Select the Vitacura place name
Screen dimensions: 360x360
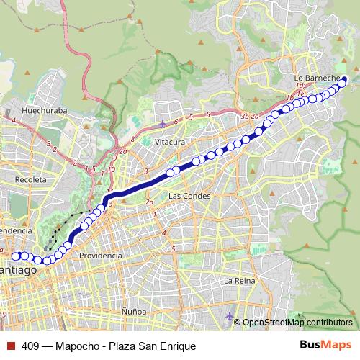(x=169, y=142)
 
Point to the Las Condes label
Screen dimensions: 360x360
(x=189, y=196)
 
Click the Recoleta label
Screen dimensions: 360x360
(x=30, y=179)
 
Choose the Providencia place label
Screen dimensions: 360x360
(x=100, y=256)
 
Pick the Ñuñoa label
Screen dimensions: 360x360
(x=134, y=310)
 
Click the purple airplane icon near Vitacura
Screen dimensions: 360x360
(x=163, y=123)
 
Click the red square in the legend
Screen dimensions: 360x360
(x=9, y=346)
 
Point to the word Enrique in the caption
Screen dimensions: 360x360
(x=177, y=346)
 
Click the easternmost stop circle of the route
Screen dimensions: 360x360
(x=343, y=81)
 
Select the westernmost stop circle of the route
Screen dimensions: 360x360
(x=16, y=256)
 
